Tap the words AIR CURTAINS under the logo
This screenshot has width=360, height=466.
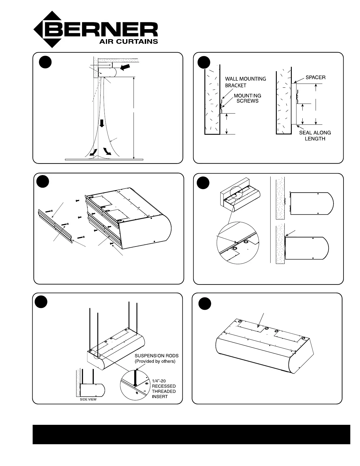pyautogui.click(x=129, y=41)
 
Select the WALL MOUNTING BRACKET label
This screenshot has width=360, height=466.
pyautogui.click(x=246, y=82)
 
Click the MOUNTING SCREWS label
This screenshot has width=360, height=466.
pyautogui.click(x=247, y=98)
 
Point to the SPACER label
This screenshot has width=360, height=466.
pyautogui.click(x=315, y=77)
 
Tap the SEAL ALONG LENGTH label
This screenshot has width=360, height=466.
pyautogui.click(x=315, y=136)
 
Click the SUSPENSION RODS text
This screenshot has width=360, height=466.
pyautogui.click(x=156, y=356)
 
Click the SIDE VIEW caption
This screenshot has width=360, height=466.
pyautogui.click(x=88, y=400)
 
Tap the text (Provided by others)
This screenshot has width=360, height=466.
pyautogui.click(x=155, y=361)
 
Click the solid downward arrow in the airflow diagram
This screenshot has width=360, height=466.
pyautogui.click(x=102, y=123)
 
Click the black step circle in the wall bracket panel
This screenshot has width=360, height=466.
pyautogui.click(x=204, y=62)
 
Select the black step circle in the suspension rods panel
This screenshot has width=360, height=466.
pyautogui.click(x=41, y=302)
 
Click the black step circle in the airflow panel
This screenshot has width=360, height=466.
pyautogui.click(x=45, y=62)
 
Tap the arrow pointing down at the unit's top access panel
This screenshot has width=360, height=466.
pyautogui.click(x=261, y=320)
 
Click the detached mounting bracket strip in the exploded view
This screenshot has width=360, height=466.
pyautogui.click(x=55, y=226)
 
